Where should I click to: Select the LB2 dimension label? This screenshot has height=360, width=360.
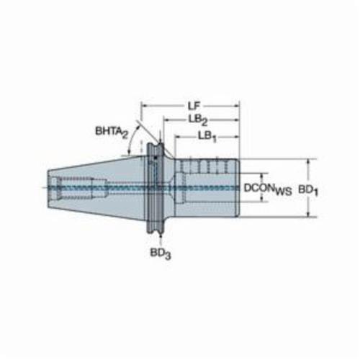198,121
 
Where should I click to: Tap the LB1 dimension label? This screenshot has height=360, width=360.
207,137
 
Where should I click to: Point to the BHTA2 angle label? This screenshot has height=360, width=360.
112,132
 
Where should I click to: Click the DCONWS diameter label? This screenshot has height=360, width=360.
268,189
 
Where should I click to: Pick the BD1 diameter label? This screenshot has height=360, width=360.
308,191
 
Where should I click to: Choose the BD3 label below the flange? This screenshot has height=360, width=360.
161,253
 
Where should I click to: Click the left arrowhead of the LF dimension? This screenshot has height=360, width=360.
144,105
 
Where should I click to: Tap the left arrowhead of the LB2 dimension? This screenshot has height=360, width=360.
167,120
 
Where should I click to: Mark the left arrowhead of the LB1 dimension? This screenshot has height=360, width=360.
179,137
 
